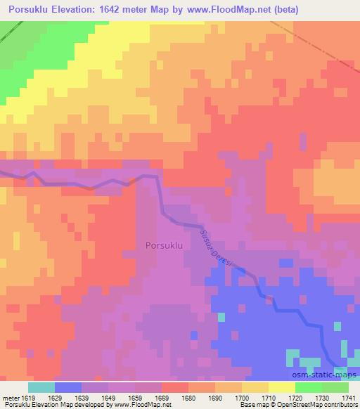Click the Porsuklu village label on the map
tap(164, 245)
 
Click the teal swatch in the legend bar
tap(41, 387)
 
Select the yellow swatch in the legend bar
tap(281, 387)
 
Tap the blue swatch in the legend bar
tap(67, 387)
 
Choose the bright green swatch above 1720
tap(308, 387)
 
